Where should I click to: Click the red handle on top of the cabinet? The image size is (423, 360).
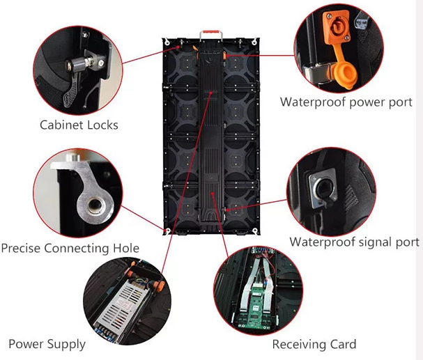pyautogui.click(x=211, y=32)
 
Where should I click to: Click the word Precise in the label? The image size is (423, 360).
pyautogui.click(x=21, y=248)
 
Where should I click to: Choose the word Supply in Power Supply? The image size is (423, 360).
pyautogui.click(x=67, y=345)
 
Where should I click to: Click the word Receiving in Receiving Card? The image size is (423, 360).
pyautogui.click(x=295, y=345)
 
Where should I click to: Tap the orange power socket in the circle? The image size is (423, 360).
pyautogui.click(x=337, y=27)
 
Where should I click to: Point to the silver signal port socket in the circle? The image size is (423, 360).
pyautogui.click(x=323, y=188)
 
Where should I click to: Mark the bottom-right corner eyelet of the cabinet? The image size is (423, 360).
pyautogui.click(x=254, y=231)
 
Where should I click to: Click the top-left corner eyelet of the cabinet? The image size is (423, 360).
pyautogui.click(x=167, y=42)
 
